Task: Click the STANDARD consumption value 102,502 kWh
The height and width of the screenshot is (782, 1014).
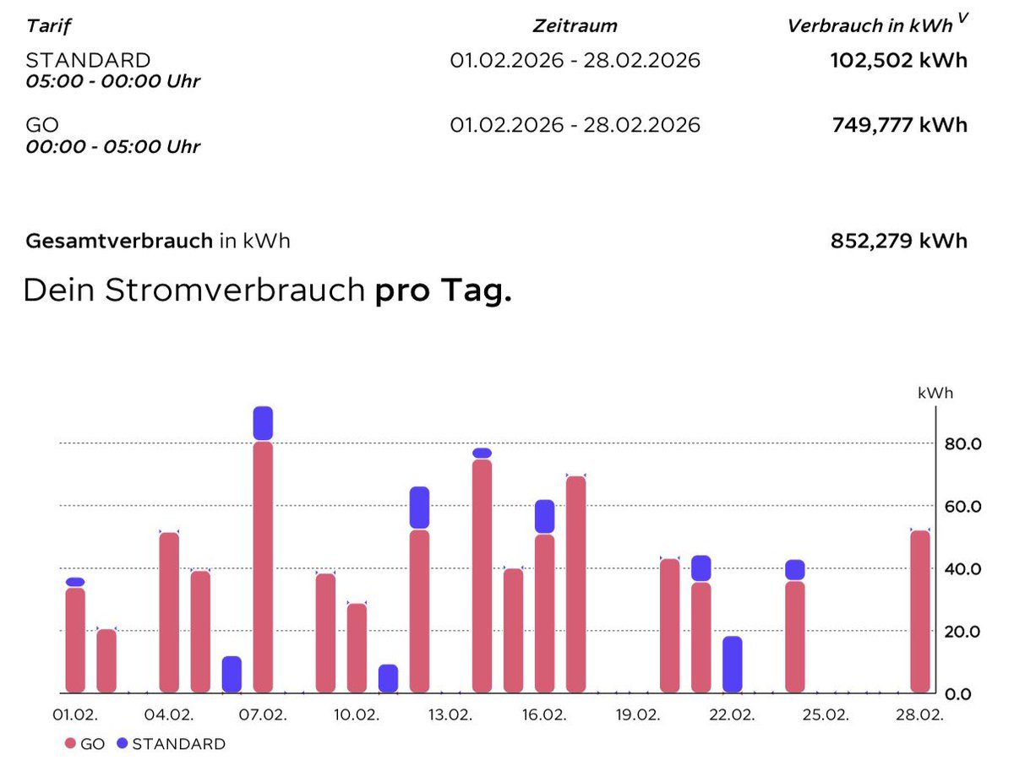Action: [899, 61]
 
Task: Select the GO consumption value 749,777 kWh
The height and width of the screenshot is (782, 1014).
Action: [899, 125]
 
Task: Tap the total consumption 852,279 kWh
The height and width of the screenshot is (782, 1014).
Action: [899, 241]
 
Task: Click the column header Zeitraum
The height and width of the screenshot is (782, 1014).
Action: [575, 25]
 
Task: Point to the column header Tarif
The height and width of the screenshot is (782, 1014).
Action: [49, 25]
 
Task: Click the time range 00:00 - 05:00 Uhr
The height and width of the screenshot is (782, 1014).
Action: [113, 146]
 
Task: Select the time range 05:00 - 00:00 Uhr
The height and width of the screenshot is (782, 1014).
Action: [113, 82]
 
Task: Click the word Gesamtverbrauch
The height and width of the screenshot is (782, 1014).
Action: [119, 241]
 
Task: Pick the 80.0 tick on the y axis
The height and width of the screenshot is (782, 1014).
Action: [964, 443]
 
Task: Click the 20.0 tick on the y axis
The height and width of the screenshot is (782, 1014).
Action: [964, 631]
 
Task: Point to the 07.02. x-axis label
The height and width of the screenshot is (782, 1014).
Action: [263, 714]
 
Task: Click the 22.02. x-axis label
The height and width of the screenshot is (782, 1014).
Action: [732, 714]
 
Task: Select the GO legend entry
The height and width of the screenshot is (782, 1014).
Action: [85, 744]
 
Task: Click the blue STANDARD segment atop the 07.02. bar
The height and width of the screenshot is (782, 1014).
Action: [263, 423]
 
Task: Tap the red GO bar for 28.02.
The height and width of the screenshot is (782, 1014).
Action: [920, 611]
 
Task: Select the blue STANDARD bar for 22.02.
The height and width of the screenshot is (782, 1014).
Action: [733, 664]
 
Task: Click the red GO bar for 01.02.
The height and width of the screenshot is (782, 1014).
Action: [75, 639]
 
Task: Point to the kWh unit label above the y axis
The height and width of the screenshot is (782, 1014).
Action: [935, 393]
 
